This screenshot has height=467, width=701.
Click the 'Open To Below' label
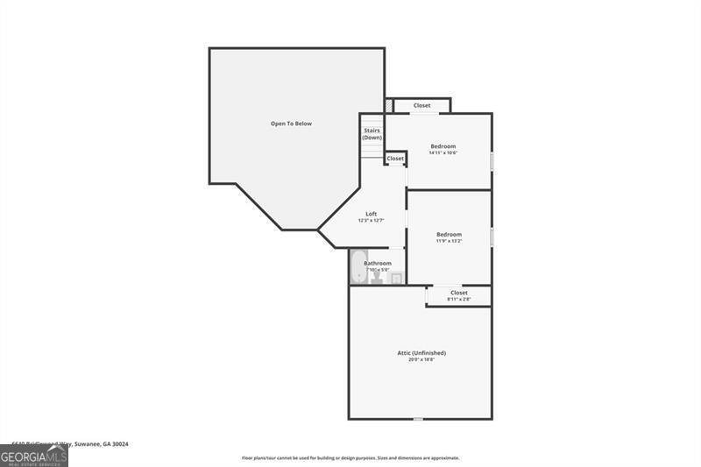291,124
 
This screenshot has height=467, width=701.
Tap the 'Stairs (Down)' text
372,134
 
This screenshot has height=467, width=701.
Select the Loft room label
372,214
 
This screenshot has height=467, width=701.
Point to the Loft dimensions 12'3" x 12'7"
372,221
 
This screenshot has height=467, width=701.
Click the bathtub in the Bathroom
358,268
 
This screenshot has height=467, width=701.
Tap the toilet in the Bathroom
377,279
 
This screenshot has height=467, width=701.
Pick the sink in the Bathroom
395,279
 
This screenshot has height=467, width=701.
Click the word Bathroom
378,263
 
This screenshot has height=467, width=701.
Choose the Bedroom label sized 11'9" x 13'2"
449,234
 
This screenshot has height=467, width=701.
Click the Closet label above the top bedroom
422,105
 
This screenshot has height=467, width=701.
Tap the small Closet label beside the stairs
395,159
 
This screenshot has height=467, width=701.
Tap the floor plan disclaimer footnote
350,457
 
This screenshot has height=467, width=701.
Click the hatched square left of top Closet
388,106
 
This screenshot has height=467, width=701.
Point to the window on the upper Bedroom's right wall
492,162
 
